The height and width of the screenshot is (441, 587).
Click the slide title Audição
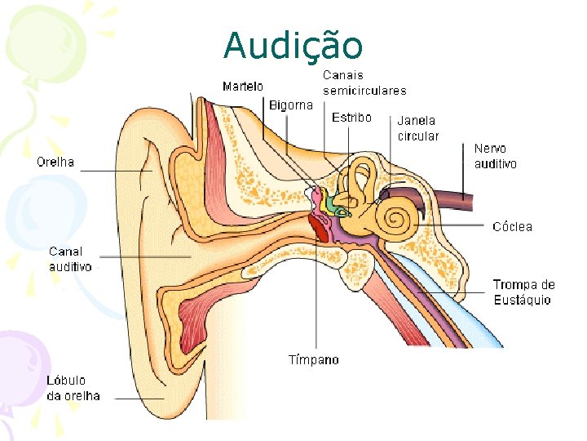[x=293, y=45]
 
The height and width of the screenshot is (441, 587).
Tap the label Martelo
[x=243, y=86]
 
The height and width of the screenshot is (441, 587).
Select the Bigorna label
[x=291, y=105]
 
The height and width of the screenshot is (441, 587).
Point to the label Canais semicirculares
[x=364, y=82]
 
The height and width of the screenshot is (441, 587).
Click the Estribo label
[x=351, y=118]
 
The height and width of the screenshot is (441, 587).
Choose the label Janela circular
[x=417, y=128]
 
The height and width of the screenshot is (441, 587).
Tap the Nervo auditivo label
[x=495, y=156]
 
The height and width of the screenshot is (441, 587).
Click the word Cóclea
[x=512, y=226]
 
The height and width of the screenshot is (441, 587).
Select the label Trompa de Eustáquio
[x=523, y=292]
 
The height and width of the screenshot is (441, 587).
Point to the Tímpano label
[x=314, y=359]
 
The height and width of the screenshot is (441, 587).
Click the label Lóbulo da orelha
[x=73, y=388]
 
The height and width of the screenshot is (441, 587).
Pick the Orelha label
[x=55, y=162]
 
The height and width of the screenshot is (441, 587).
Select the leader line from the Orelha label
[x=114, y=171]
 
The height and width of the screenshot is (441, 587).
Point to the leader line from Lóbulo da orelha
[x=139, y=399]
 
